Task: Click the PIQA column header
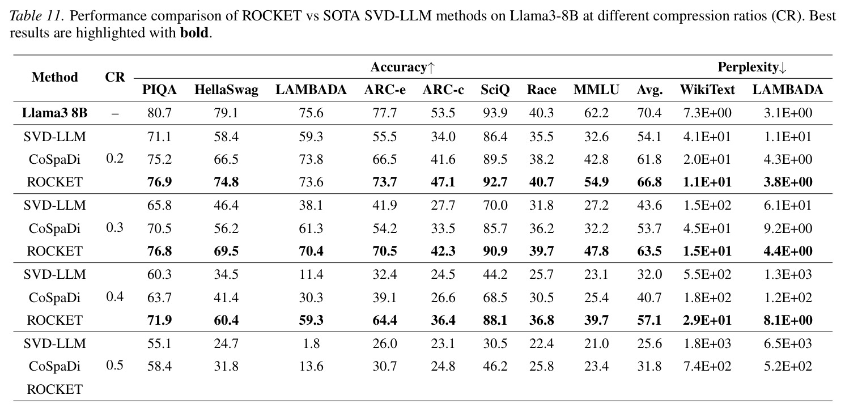click(159, 90)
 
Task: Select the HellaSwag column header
click(226, 90)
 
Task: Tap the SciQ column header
click(495, 90)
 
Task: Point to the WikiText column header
click(707, 90)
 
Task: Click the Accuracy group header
click(402, 67)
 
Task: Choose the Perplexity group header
click(752, 67)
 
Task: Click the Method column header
click(55, 77)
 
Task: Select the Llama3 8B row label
click(55, 113)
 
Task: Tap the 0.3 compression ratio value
click(114, 227)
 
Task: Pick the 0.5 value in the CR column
click(114, 365)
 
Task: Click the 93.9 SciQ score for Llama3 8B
click(495, 113)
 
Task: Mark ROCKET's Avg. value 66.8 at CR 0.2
click(649, 182)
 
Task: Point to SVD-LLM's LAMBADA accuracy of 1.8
click(311, 343)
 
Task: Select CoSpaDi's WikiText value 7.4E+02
click(707, 366)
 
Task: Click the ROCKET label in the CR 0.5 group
click(55, 389)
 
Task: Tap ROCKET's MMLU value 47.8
click(596, 251)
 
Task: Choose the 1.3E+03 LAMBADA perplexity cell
click(788, 274)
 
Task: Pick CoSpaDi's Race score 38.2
click(541, 159)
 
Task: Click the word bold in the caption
click(194, 33)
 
